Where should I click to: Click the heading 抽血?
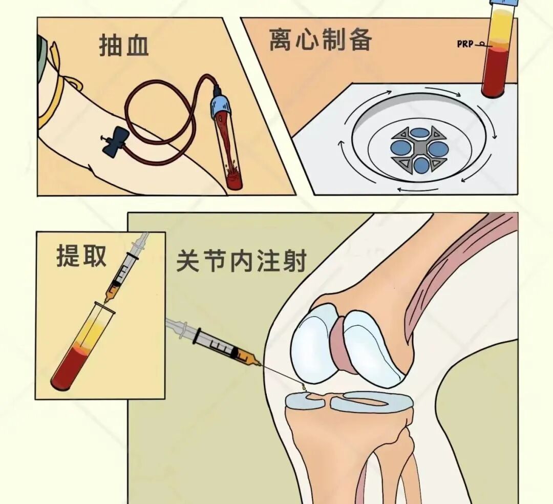[124, 45]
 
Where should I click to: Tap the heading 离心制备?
[321, 39]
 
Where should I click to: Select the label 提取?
[81, 256]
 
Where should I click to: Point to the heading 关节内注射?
[241, 261]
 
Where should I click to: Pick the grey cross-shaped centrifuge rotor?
[419, 150]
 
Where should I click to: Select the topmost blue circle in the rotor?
[420, 133]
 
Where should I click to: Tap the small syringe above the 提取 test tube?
[126, 268]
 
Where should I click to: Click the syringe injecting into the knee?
[214, 343]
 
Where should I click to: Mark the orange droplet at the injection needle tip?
[304, 387]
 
